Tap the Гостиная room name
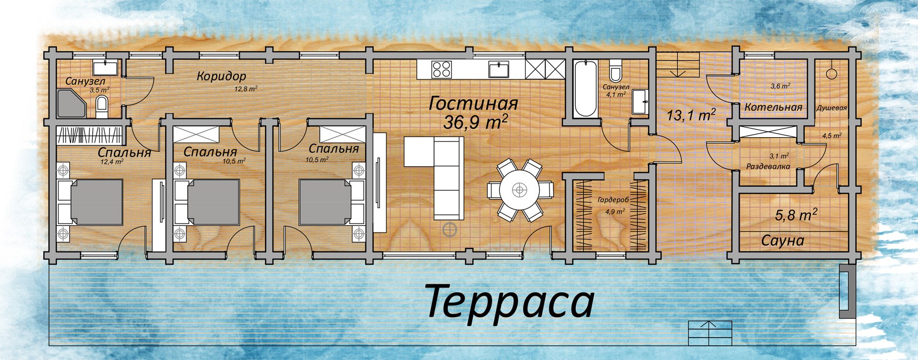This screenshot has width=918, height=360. coord(474,104)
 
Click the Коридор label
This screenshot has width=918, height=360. coord(221,76)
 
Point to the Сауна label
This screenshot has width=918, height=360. coord(783,240)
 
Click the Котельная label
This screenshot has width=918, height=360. coord(773,108)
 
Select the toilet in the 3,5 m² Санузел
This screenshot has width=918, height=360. coord(102,106)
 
